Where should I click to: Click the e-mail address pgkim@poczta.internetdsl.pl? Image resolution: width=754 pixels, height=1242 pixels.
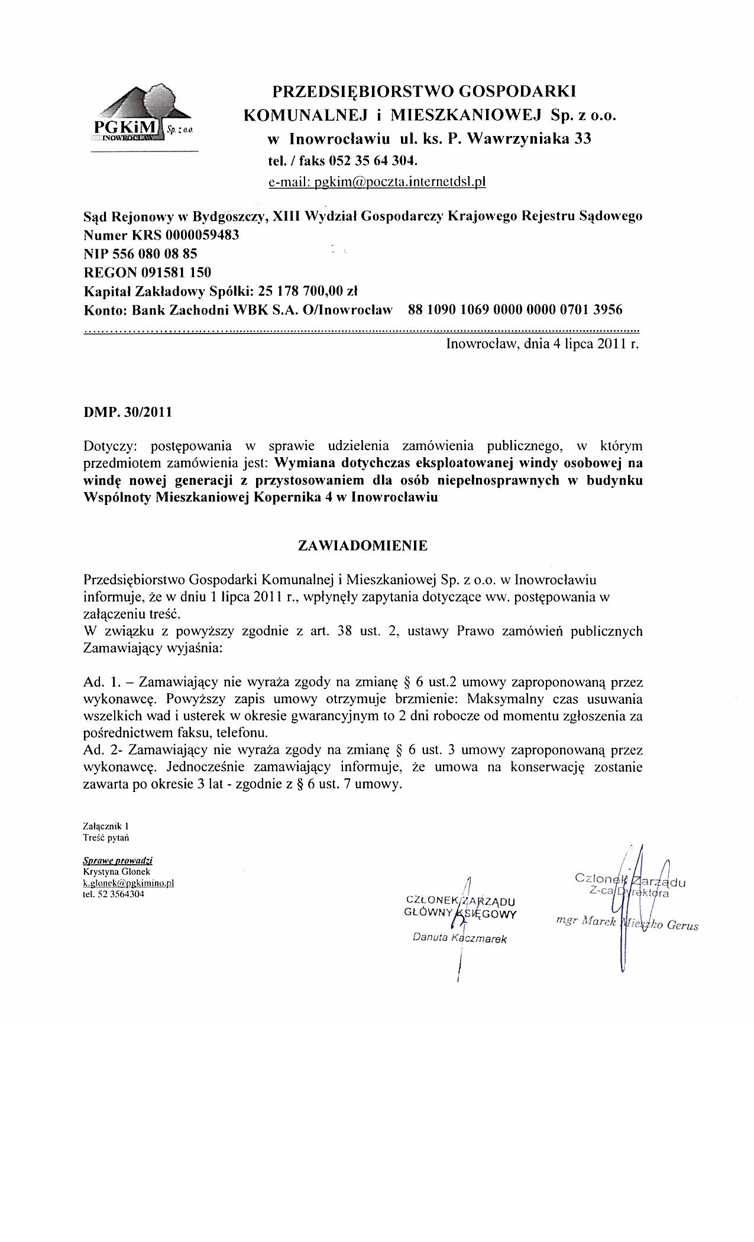377,182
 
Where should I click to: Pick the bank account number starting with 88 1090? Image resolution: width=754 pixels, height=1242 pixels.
514,310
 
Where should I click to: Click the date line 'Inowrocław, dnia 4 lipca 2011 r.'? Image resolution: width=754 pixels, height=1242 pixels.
542,344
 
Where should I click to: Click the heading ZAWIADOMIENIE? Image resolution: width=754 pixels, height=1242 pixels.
362,545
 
